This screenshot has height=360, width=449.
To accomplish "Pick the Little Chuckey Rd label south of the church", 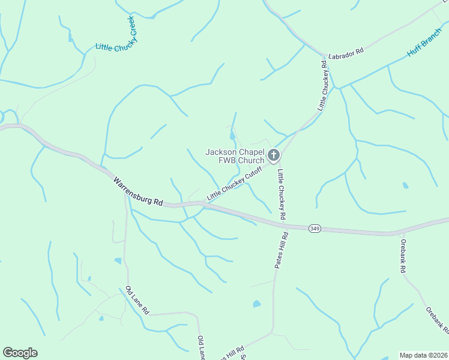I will [281, 193].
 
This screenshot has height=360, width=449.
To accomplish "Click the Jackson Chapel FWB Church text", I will [235, 156].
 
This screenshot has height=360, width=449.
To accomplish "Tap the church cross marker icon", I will [273, 156].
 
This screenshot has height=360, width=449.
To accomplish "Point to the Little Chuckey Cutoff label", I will [234, 184].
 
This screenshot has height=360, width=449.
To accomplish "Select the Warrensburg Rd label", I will [138, 191].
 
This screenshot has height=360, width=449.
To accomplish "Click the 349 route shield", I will [314, 229].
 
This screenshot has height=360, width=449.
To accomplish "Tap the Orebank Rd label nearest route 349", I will [403, 256].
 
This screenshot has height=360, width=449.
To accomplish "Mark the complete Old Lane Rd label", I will [137, 301].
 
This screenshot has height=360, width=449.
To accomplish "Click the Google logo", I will [20, 353].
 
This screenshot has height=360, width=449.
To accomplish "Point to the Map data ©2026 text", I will [423, 355].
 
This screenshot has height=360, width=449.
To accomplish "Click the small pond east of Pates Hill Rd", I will [257, 304].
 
